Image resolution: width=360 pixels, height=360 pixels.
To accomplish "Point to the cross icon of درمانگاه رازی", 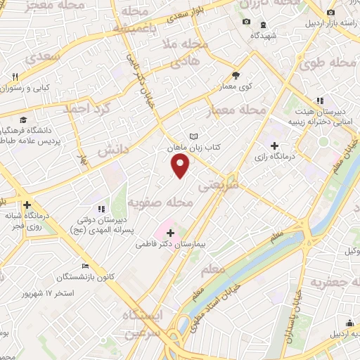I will pyautogui.click(x=283, y=145).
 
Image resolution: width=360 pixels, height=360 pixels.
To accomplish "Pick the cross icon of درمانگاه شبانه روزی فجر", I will pyautogui.click(x=27, y=205).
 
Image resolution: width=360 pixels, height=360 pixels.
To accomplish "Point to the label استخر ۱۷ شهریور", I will pyautogui.click(x=68, y=292).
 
